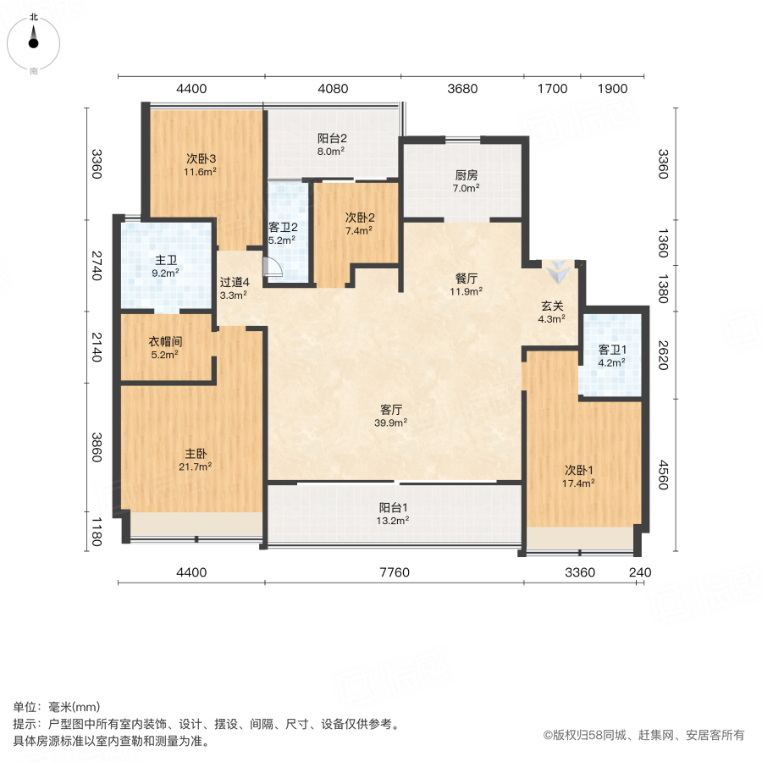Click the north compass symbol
(34, 44)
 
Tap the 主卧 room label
(196, 454)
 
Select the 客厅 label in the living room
(390, 410)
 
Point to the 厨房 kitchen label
(466, 175)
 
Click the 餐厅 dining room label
(466, 279)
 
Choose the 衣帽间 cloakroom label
(165, 342)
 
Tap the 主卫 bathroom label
(166, 261)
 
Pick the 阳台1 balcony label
(393, 508)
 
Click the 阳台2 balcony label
(332, 139)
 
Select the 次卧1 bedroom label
(578, 471)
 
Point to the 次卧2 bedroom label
(360, 218)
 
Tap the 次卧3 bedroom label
(201, 159)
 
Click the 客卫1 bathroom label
(612, 350)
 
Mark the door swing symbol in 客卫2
(272, 267)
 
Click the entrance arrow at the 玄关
(557, 272)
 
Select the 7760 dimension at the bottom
(394, 572)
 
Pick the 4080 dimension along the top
(333, 89)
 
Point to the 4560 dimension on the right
(663, 475)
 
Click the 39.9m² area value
(390, 422)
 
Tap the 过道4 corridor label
(235, 282)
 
